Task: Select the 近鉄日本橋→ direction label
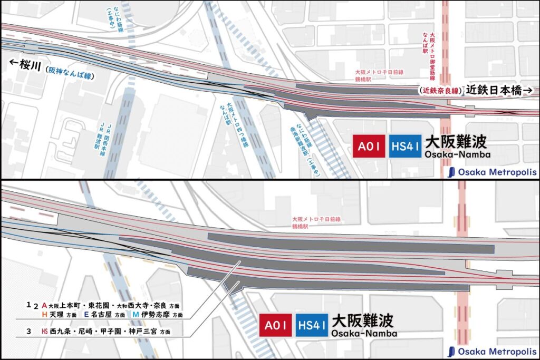click(500, 90)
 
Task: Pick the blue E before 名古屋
click(86, 315)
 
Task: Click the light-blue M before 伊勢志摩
click(136, 315)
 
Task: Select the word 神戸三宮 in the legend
click(144, 332)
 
